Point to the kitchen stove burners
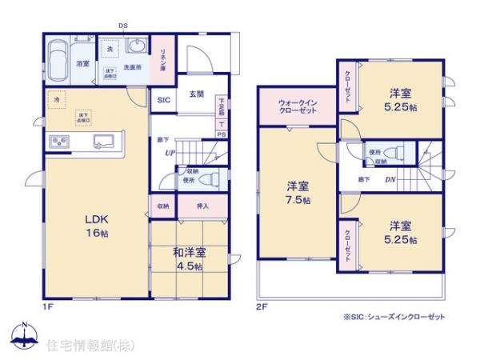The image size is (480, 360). pos(61,142)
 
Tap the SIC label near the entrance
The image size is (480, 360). pos(163,100)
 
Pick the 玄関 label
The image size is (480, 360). pos(195,94)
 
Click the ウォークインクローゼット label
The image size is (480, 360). pos(297,106)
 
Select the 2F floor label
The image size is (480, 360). pos(260,306)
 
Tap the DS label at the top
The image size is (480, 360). pos(124,25)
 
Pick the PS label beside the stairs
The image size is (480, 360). pos(221,134)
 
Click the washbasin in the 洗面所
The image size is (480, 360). pos(134,44)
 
